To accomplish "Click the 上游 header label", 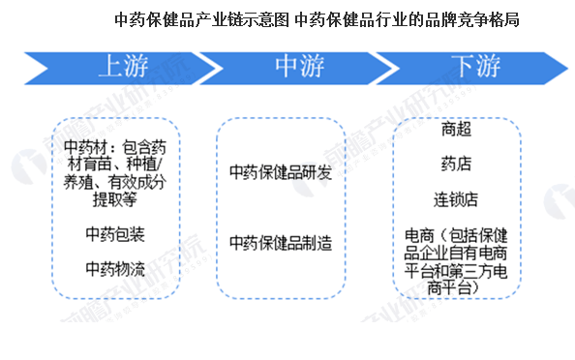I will (x=123, y=66).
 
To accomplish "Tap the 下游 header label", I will (x=475, y=66).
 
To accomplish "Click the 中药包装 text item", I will (x=115, y=233).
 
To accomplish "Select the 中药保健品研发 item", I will (x=281, y=172).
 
